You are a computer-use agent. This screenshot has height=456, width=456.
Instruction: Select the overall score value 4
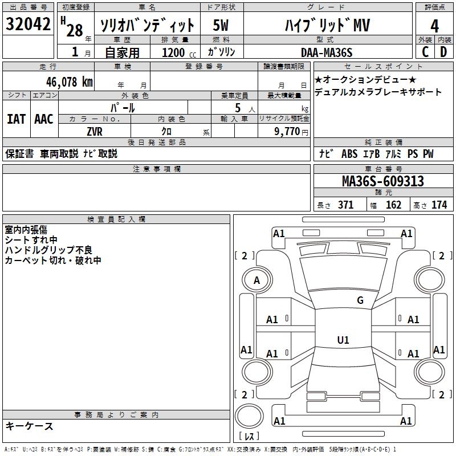[434, 26]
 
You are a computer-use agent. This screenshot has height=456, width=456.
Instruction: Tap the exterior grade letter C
[425, 52]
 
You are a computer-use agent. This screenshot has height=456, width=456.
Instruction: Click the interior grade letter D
[443, 52]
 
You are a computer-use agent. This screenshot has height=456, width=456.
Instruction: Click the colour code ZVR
[95, 132]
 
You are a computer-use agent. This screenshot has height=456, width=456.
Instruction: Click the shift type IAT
[16, 119]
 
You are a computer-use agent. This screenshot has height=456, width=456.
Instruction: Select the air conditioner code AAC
[44, 119]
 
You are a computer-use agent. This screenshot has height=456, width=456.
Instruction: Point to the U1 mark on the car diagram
[343, 340]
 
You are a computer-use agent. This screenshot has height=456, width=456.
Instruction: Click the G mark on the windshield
[360, 300]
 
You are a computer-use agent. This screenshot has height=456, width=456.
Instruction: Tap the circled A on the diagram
[256, 280]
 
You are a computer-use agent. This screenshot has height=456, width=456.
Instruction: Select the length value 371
[345, 205]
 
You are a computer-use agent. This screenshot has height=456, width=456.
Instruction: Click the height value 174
[439, 205]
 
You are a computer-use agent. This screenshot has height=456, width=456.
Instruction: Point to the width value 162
[393, 205]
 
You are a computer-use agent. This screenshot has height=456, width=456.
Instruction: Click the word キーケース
[29, 426]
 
